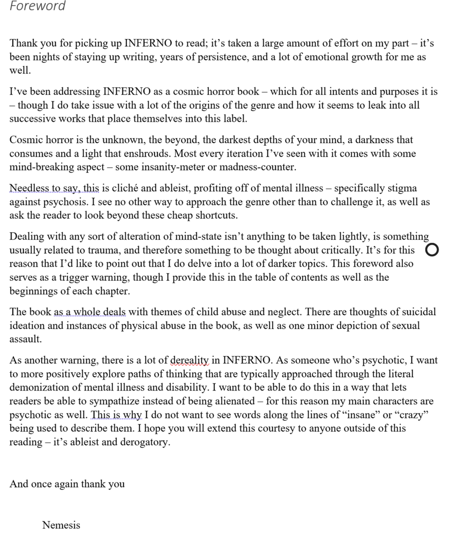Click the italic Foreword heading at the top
pyautogui.click(x=38, y=6)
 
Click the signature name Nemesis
pyautogui.click(x=61, y=525)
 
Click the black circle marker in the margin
pyautogui.click(x=432, y=250)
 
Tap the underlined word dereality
pyautogui.click(x=189, y=360)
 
